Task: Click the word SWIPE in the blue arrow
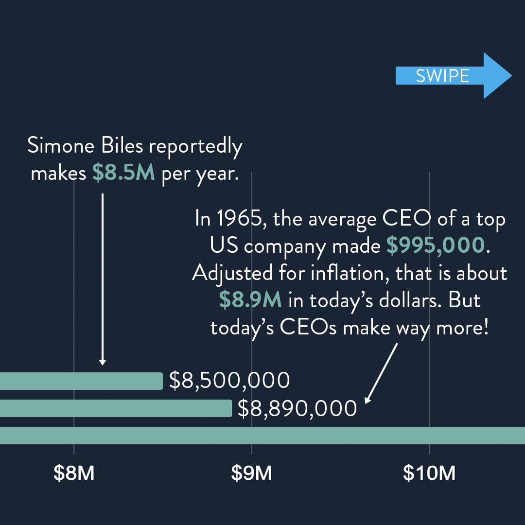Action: (x=442, y=76)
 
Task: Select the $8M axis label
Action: (x=74, y=473)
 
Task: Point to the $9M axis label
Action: (x=251, y=473)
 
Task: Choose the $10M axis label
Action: (x=429, y=473)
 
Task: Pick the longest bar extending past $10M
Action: (x=262, y=436)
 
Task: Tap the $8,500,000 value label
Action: (x=229, y=381)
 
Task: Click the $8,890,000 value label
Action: (x=297, y=409)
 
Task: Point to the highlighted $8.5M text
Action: (x=123, y=174)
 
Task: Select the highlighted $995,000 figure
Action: (x=436, y=246)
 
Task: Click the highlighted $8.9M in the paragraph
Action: (x=250, y=300)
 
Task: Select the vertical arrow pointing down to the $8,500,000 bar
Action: (x=103, y=279)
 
